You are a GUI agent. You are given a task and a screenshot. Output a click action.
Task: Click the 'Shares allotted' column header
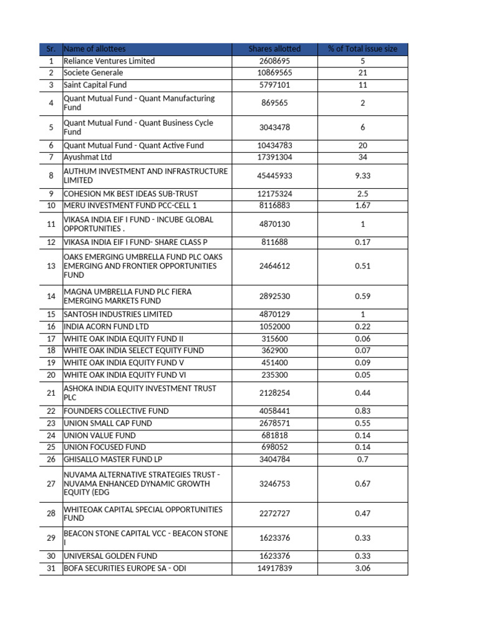click(x=274, y=49)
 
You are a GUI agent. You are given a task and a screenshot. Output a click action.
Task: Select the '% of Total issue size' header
click(x=362, y=49)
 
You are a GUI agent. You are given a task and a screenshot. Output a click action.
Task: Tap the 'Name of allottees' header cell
click(x=94, y=49)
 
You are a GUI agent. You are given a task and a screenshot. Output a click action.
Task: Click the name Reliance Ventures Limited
click(x=109, y=61)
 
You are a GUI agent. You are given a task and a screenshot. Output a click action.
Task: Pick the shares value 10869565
click(x=274, y=73)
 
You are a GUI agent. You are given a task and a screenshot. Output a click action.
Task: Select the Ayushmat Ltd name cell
click(x=88, y=157)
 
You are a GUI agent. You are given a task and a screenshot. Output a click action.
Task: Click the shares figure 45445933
click(x=274, y=176)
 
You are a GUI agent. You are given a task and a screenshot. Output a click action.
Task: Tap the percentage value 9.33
click(x=362, y=176)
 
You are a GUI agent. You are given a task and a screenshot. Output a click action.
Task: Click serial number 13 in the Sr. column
click(x=51, y=266)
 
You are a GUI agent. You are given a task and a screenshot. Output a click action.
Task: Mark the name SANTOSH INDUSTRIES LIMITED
click(x=118, y=315)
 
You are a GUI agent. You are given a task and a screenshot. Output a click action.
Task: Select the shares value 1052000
click(x=274, y=326)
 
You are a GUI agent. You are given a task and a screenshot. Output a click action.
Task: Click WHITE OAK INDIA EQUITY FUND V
click(x=124, y=363)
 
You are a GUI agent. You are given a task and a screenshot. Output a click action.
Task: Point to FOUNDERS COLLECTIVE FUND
click(x=116, y=411)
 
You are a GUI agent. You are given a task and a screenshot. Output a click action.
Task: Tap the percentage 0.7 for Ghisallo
click(x=362, y=459)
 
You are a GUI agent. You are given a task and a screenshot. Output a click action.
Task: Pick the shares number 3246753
click(x=274, y=483)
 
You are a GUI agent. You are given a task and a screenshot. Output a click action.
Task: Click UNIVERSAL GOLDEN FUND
click(x=110, y=556)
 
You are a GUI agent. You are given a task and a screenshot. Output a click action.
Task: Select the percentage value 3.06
click(x=362, y=568)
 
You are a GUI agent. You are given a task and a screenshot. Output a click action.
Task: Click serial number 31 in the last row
click(x=51, y=568)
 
